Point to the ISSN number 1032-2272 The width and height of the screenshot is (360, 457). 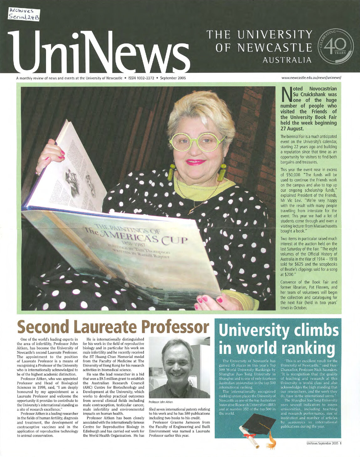(144, 78)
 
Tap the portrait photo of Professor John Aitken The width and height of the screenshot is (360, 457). (179, 368)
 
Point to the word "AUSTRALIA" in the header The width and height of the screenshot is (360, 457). (287, 60)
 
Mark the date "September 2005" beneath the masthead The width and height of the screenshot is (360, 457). (173, 78)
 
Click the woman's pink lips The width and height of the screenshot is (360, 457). (196, 162)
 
